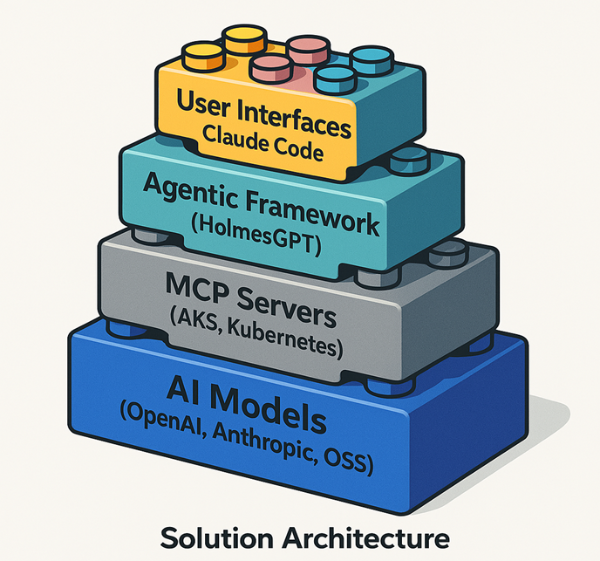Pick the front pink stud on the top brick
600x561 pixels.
pos(269,67)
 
